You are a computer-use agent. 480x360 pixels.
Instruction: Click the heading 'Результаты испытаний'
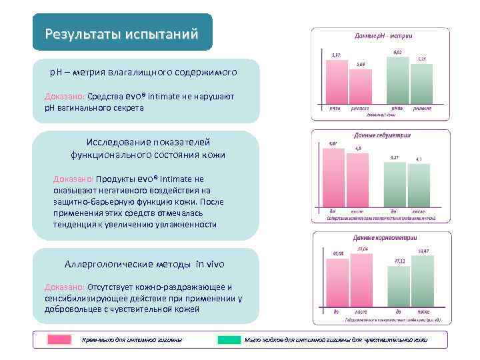pyautogui.click(x=122, y=34)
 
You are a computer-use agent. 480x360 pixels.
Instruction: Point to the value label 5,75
pyautogui.click(x=421, y=59)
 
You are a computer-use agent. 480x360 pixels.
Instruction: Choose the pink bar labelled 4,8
pyautogui.click(x=359, y=179)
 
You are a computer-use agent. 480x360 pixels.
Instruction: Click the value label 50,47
pyautogui.click(x=423, y=250)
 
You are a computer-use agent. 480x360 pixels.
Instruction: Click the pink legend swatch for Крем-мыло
pyautogui.click(x=59, y=340)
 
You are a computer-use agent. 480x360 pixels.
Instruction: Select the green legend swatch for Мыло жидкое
pyautogui.click(x=229, y=340)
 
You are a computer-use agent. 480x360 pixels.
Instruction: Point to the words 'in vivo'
pyautogui.click(x=211, y=264)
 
